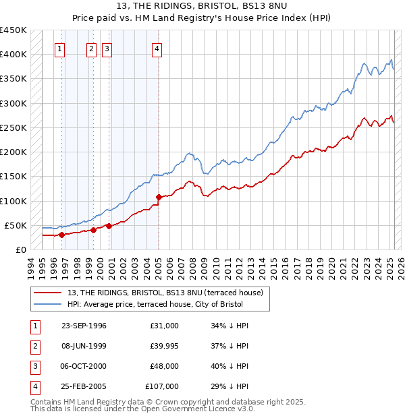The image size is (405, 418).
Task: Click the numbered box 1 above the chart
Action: point(60,49)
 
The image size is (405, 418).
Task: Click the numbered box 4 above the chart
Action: point(157,49)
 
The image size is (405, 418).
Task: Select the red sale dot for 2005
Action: point(159,197)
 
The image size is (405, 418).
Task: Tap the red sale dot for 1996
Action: point(61,235)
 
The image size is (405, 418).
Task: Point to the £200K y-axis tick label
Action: point(13,152)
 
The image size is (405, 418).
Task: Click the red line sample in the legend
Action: point(48,292)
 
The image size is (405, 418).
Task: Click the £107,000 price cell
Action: point(162,386)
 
